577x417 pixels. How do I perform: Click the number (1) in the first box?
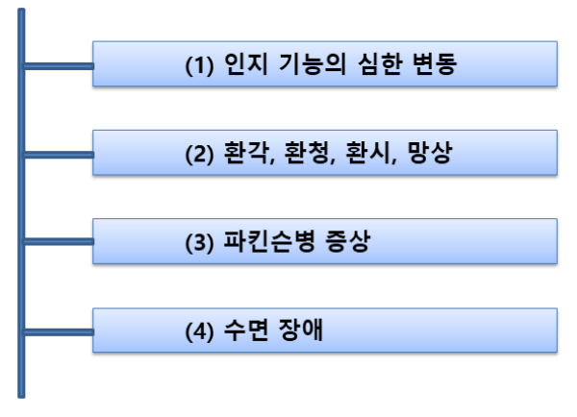coord(199,67)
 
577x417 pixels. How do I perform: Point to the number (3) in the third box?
coord(199,244)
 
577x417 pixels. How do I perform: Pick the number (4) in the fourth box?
coord(199,333)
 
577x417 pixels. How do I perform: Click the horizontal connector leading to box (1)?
coord(58,66)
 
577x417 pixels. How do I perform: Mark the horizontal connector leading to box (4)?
coord(58,333)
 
